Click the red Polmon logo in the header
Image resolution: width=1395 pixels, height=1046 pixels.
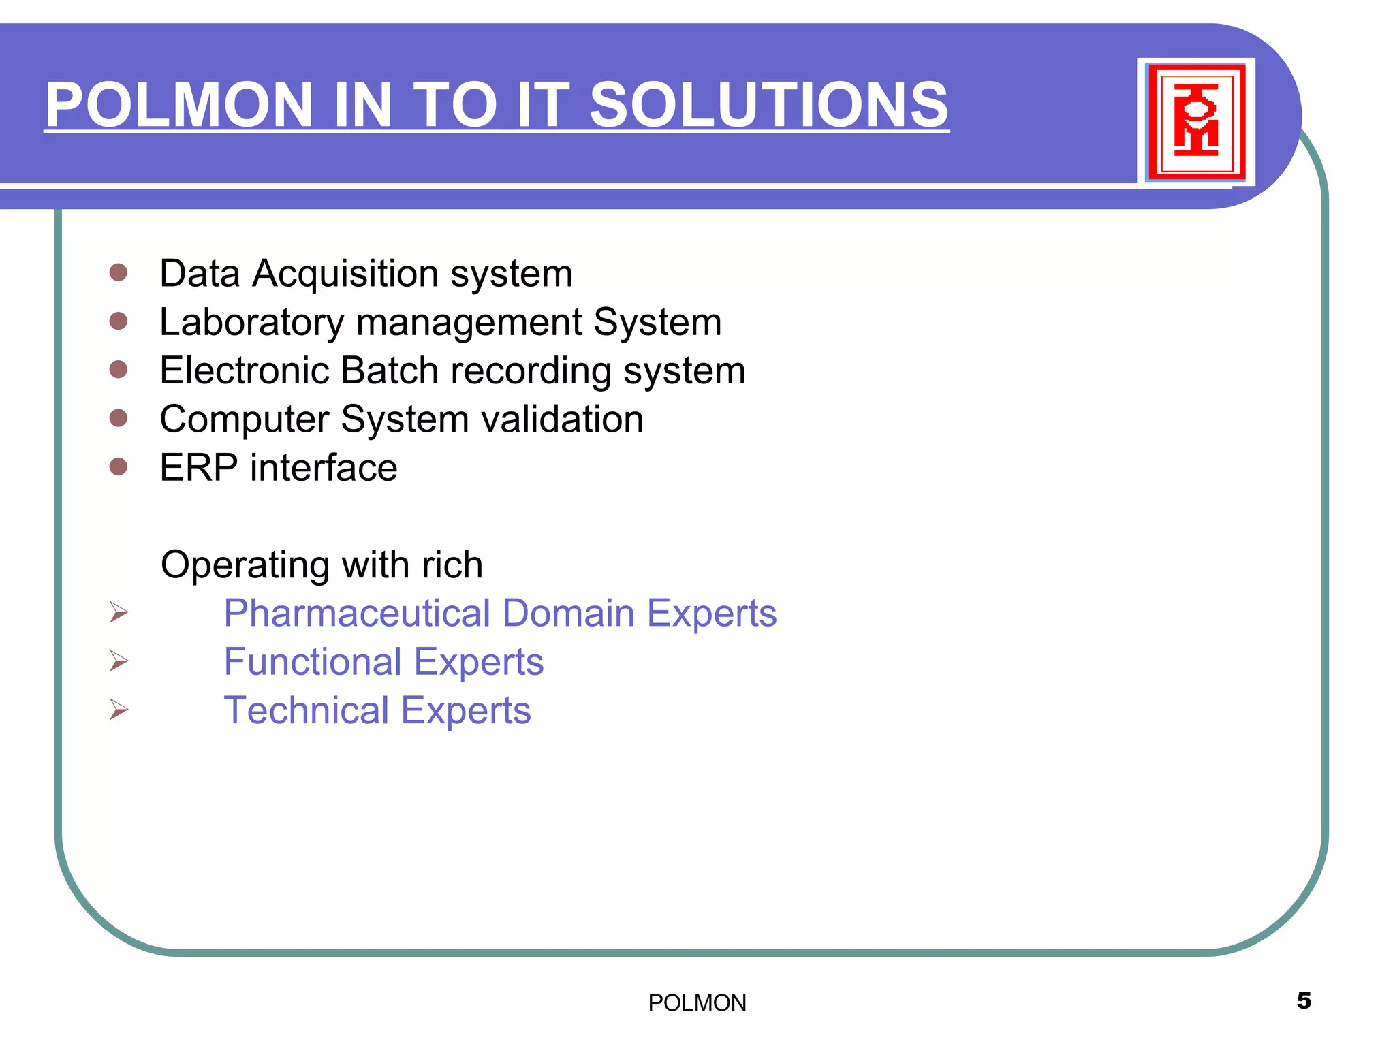1196,121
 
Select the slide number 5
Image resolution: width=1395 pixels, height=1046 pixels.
1304,1000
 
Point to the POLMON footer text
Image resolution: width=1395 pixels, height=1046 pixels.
697,1003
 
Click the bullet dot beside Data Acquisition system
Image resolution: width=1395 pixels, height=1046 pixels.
119,272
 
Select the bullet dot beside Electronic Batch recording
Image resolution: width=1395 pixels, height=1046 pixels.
119,369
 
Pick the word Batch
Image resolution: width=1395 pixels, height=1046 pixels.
390,370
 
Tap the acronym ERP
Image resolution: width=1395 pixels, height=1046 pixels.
198,468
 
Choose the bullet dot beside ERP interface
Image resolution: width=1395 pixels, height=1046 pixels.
119,466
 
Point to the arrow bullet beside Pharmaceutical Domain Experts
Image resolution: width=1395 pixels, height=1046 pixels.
119,612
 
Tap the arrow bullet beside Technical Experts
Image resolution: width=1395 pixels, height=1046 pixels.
119,710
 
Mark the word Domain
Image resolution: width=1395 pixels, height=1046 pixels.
569,614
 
